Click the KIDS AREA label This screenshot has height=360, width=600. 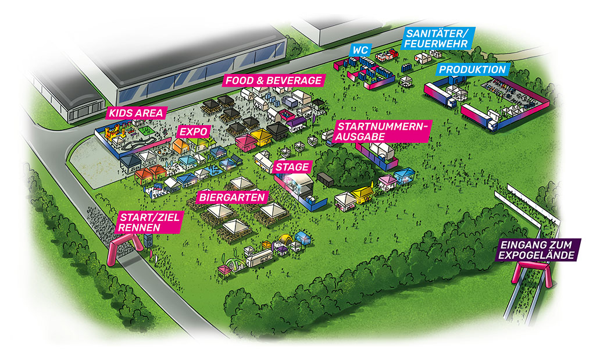click(136, 113)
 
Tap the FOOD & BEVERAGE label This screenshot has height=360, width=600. click(273, 80)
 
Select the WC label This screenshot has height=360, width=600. click(359, 50)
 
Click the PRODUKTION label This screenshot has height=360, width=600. click(472, 69)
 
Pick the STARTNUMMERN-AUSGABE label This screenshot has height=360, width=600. click(383, 131)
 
